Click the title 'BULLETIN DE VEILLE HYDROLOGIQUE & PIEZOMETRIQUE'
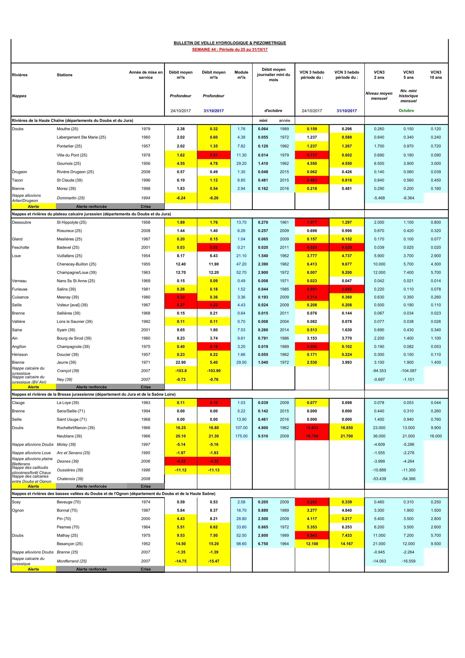(x=230, y=43)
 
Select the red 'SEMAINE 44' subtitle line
(x=230, y=49)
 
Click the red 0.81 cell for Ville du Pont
(x=214, y=155)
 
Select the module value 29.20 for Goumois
(x=241, y=163)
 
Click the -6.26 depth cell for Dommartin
(x=214, y=198)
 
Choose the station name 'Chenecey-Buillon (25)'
(x=77, y=264)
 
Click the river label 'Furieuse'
(x=20, y=289)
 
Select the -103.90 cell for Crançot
(x=214, y=371)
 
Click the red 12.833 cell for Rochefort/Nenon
(x=312, y=428)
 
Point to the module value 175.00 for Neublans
(x=241, y=436)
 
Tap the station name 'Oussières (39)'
(x=70, y=470)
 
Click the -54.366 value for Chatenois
(x=408, y=479)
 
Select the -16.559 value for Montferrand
(x=408, y=561)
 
